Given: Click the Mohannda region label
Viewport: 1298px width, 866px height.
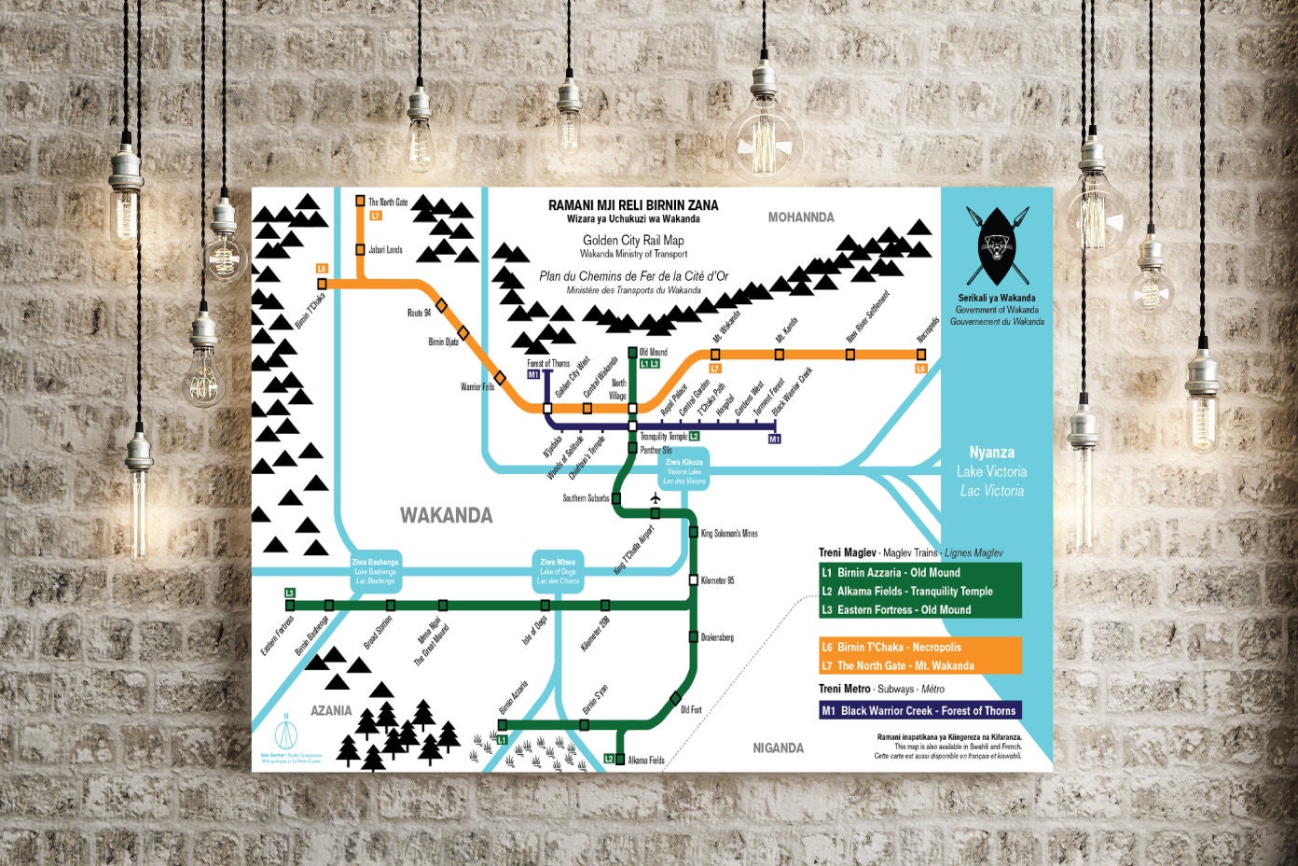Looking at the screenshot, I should tap(800, 217).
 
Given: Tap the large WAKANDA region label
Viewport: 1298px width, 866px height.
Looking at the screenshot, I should tap(446, 515).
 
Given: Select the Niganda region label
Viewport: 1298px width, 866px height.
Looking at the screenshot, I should tap(778, 747).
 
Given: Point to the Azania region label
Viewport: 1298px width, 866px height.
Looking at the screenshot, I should tap(331, 710).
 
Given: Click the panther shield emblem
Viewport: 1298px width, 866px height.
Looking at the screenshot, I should tap(997, 244).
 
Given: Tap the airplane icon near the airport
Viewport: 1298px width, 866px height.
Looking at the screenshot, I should tap(655, 497).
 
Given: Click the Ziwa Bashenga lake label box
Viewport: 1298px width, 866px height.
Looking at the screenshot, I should tap(375, 571).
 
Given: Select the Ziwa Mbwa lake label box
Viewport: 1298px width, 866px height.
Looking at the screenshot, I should tap(558, 571).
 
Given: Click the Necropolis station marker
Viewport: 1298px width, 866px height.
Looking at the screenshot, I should tap(921, 355).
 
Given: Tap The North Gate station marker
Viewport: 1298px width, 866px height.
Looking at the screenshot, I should tap(360, 201).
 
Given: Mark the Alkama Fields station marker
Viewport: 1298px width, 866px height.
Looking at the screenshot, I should tap(620, 760).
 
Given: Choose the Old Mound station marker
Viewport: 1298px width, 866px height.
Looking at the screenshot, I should tap(633, 353).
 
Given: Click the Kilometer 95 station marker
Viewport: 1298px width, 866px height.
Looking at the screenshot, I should tap(694, 580).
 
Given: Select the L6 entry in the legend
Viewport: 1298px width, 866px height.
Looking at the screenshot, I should tap(919, 647).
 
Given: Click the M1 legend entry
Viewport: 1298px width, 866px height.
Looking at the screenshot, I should tap(919, 710).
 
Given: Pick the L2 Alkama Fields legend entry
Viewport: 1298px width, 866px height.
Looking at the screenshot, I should tap(919, 591).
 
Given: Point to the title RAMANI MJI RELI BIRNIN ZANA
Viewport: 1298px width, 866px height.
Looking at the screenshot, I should tap(633, 205).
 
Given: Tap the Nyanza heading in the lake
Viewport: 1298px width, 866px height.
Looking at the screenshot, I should tap(991, 453).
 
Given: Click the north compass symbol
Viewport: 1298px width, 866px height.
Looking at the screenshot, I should tap(287, 727).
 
